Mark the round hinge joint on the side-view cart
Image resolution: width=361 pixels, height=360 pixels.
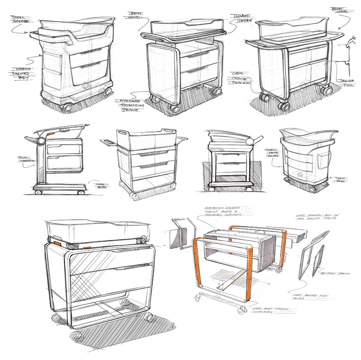40,141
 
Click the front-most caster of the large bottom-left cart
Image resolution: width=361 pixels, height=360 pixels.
77,336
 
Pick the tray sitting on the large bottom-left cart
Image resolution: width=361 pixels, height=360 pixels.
97,231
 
